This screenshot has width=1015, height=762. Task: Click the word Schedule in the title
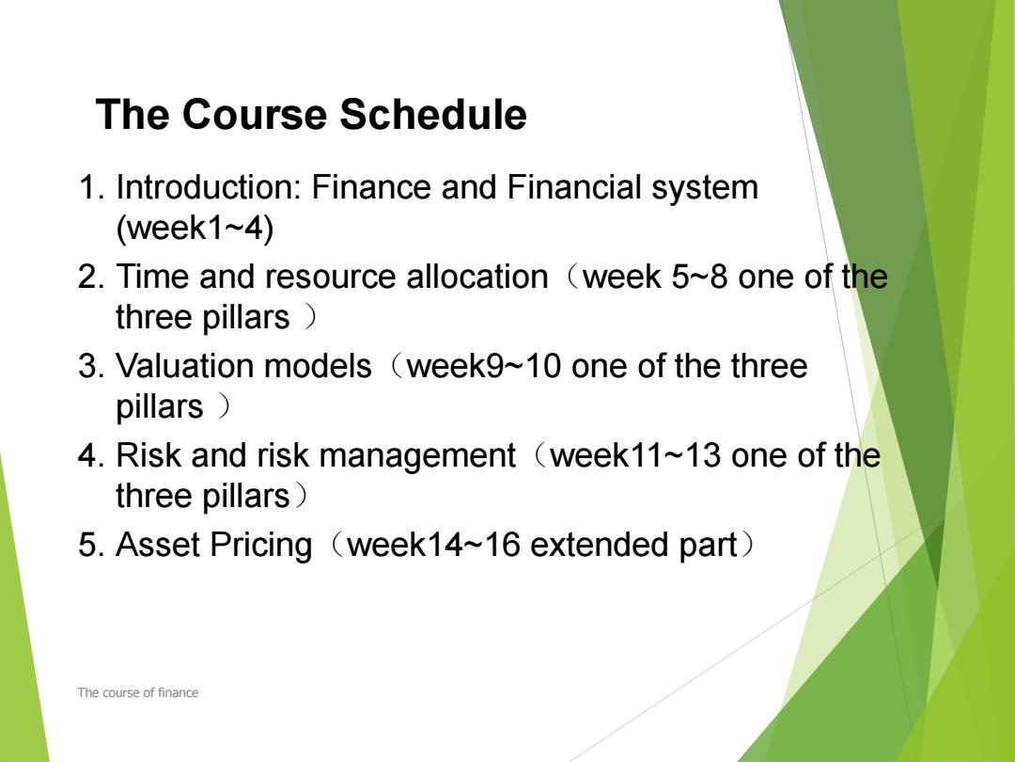433,115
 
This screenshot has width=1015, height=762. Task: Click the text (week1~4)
195,229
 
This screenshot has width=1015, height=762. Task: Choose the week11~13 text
635,455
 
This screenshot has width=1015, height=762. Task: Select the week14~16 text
433,545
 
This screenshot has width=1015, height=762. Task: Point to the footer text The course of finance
138,692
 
